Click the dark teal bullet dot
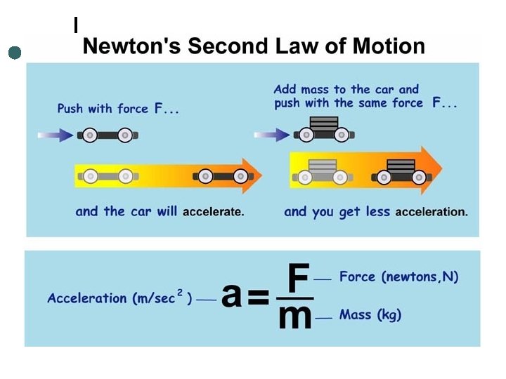pyautogui.click(x=14, y=53)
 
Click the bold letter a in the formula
pyautogui.click(x=231, y=296)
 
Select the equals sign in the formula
pyautogui.click(x=258, y=298)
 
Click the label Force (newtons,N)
pyautogui.click(x=398, y=277)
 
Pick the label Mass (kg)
pyautogui.click(x=370, y=315)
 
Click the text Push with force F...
pyautogui.click(x=112, y=109)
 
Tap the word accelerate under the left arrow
pyautogui.click(x=213, y=212)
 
